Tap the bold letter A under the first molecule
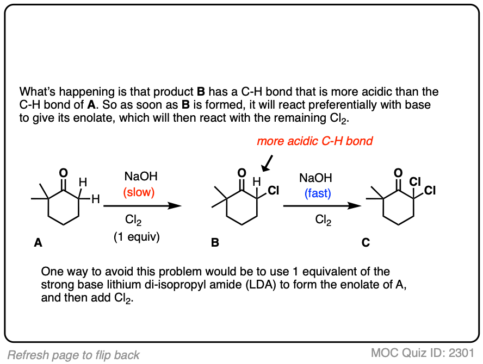38,243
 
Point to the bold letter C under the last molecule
366,243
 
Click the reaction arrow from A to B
142,206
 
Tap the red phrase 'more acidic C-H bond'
315,141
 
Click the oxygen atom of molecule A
64,173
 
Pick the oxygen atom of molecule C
398,173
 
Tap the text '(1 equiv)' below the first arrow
136,237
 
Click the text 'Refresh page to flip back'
74,355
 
